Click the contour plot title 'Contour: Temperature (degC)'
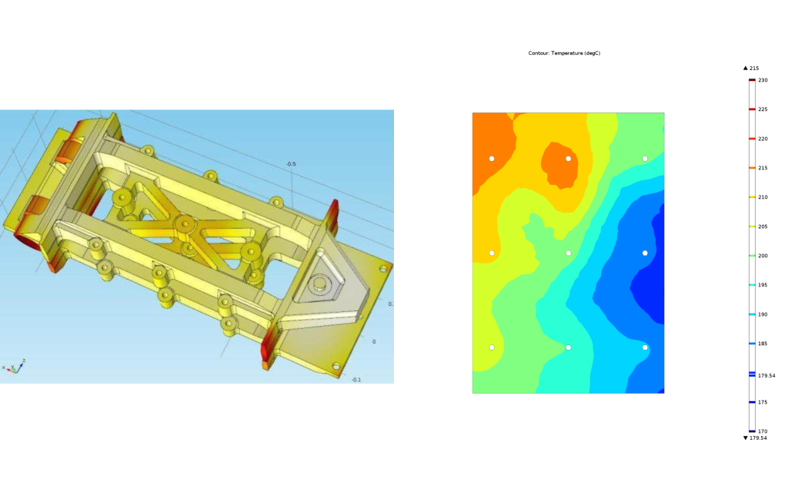pyautogui.click(x=564, y=53)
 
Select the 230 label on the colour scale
pyautogui.click(x=763, y=80)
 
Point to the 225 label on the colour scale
pyautogui.click(x=763, y=109)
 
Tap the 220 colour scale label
pyautogui.click(x=763, y=139)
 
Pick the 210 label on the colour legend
pyautogui.click(x=763, y=197)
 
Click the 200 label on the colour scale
pyautogui.click(x=763, y=256)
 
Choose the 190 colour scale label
pyautogui.click(x=763, y=314)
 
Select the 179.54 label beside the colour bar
pyautogui.click(x=766, y=375)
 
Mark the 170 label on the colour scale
pyautogui.click(x=763, y=431)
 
